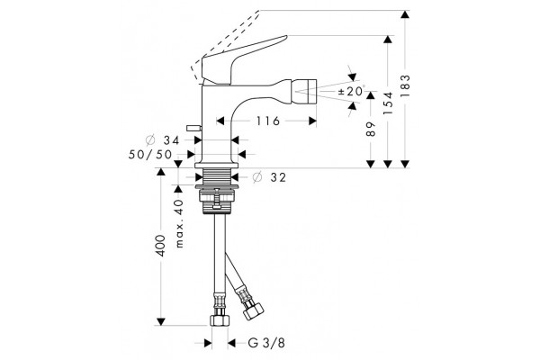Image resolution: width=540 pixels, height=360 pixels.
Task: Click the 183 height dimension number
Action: [x=406, y=85]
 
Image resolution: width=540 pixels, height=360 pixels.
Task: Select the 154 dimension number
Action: [x=388, y=103]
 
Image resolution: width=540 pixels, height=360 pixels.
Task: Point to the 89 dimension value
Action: [x=371, y=129]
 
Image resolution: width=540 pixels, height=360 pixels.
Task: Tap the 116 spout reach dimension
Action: [x=267, y=121]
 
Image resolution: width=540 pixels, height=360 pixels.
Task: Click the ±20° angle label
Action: [x=351, y=91]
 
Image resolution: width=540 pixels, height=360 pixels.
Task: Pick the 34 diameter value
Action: [x=172, y=140]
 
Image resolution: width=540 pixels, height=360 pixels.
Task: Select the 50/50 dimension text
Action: [x=150, y=154]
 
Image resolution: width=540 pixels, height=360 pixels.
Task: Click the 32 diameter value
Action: [x=278, y=177]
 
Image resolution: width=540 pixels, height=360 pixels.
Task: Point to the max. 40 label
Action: [x=179, y=223]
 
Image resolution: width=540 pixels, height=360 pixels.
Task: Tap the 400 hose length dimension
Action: [x=161, y=246]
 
